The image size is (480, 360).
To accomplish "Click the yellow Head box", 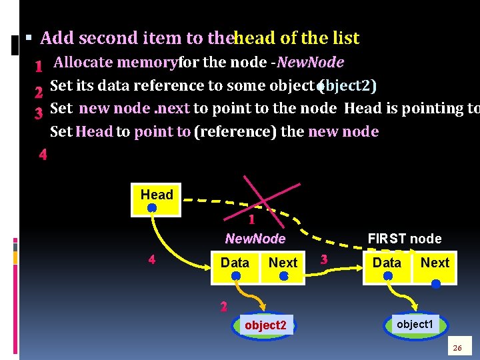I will [x=157, y=199].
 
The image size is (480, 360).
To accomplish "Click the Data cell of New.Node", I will [x=235, y=265].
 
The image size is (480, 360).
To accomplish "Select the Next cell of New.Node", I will [x=283, y=265].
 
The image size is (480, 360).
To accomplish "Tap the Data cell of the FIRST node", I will [x=387, y=265].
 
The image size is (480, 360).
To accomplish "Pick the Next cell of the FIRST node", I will [x=435, y=265].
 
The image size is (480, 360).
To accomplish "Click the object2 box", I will [x=265, y=325].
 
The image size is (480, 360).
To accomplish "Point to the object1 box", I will [x=415, y=324].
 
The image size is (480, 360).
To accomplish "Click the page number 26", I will [x=457, y=348].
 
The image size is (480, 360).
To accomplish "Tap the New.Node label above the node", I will [x=255, y=239].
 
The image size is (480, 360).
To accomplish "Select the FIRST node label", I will [x=405, y=239].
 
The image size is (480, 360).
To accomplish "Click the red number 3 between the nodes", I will [x=324, y=259].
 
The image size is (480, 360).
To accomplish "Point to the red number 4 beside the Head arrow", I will [x=151, y=259].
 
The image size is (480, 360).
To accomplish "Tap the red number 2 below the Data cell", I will [x=224, y=307].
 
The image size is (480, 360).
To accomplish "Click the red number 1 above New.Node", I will [x=251, y=219].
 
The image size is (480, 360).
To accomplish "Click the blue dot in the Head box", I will [x=152, y=208].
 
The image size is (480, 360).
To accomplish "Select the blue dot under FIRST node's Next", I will [x=436, y=283].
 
